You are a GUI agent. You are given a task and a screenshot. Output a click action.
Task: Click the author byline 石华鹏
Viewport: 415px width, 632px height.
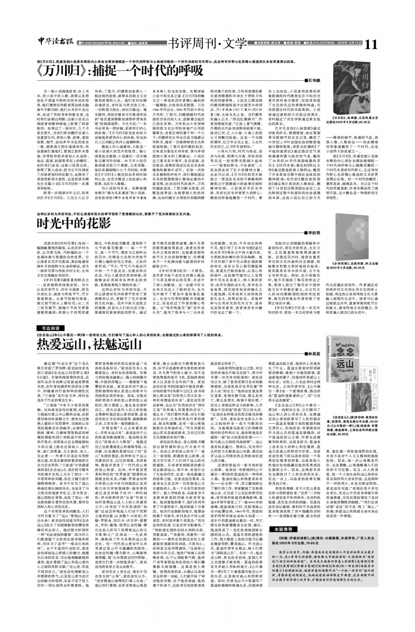pos(313,79)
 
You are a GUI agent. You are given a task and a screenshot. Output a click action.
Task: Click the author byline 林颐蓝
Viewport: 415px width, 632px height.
pos(313,353)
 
